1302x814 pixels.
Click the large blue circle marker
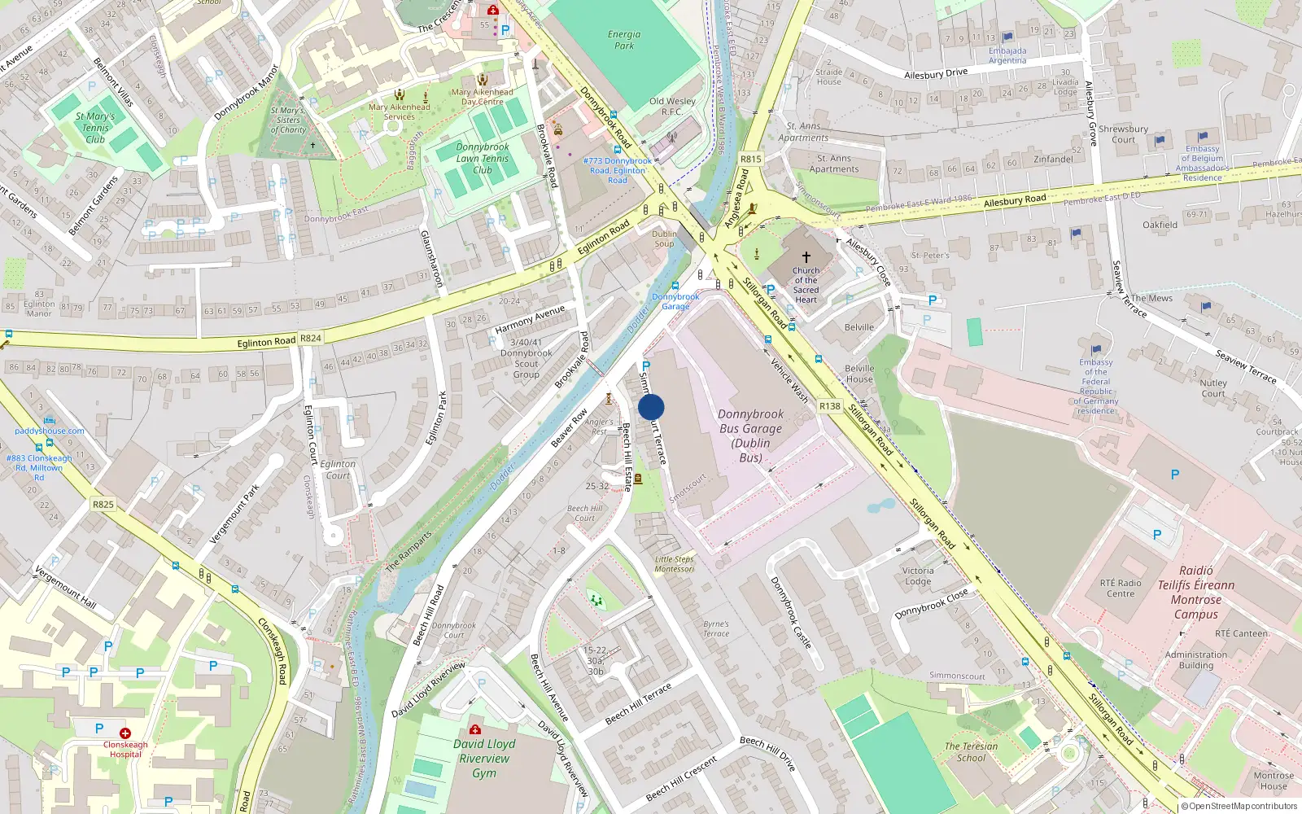click(x=651, y=407)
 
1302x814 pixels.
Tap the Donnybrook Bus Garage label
click(x=750, y=435)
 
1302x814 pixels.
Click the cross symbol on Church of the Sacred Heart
click(x=806, y=257)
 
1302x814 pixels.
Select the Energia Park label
click(x=624, y=40)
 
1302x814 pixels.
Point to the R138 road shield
click(x=829, y=406)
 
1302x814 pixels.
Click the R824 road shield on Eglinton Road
click(x=310, y=338)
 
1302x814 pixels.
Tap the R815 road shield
click(x=750, y=160)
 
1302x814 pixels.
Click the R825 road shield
click(x=103, y=505)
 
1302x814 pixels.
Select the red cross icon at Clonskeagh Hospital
click(x=125, y=733)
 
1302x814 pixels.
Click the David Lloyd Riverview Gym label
click(x=484, y=758)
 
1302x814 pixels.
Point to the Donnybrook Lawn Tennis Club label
click(x=483, y=159)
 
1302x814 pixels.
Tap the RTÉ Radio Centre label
click(x=1121, y=588)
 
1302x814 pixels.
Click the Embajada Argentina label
click(x=1007, y=55)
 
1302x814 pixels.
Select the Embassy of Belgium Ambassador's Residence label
click(x=1202, y=163)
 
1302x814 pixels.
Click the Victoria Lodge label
click(x=918, y=575)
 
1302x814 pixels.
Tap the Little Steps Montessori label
click(x=675, y=564)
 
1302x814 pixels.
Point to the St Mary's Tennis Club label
click(x=95, y=128)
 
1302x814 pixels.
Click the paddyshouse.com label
click(x=49, y=431)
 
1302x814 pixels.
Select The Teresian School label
click(x=971, y=751)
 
